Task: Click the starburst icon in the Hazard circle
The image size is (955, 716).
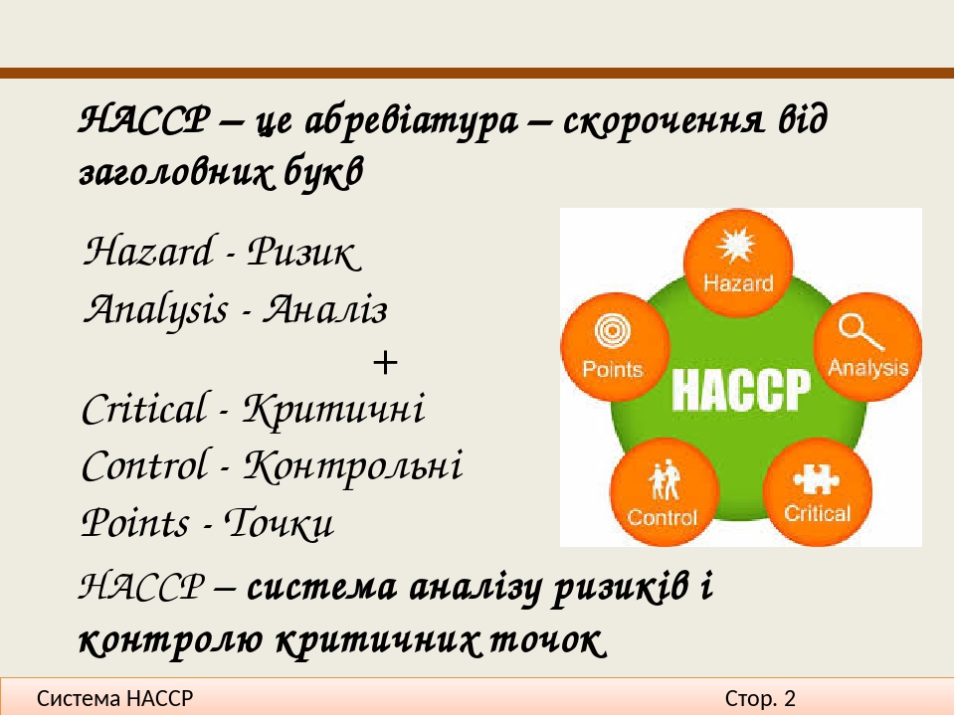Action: pyautogui.click(x=736, y=246)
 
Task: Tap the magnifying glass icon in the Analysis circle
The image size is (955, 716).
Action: pyautogui.click(x=859, y=332)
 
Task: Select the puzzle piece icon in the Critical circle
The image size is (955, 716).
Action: pyautogui.click(x=816, y=478)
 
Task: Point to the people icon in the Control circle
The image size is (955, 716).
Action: pyautogui.click(x=664, y=481)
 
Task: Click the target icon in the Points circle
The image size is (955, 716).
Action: pyautogui.click(x=612, y=332)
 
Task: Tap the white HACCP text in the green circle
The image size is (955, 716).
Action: pyautogui.click(x=741, y=389)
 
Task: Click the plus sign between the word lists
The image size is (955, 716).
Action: pyautogui.click(x=385, y=363)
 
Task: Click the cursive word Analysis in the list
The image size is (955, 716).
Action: pyautogui.click(x=155, y=310)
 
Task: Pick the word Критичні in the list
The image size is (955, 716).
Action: pyautogui.click(x=334, y=409)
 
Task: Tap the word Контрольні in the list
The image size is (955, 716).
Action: pyautogui.click(x=353, y=466)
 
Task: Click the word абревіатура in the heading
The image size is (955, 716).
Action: pyautogui.click(x=411, y=121)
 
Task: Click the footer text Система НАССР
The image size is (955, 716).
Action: pyautogui.click(x=115, y=698)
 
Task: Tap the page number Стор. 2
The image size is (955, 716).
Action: pyautogui.click(x=760, y=698)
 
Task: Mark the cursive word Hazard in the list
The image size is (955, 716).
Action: pyautogui.click(x=148, y=252)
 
